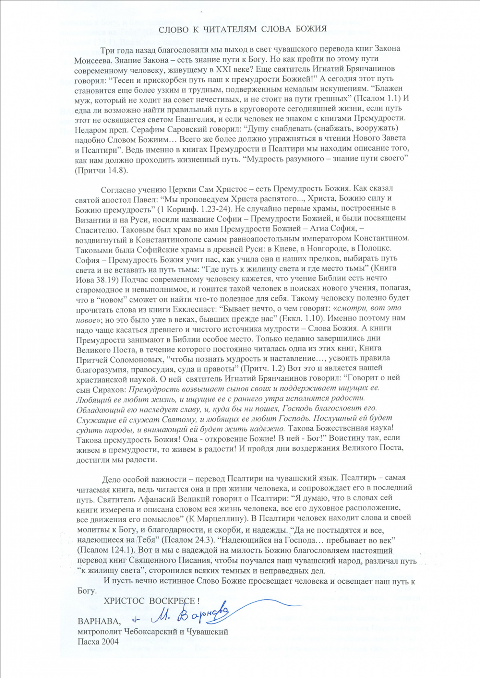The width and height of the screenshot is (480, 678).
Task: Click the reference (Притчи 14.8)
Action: point(101,170)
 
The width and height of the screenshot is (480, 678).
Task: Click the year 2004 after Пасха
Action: point(110,642)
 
